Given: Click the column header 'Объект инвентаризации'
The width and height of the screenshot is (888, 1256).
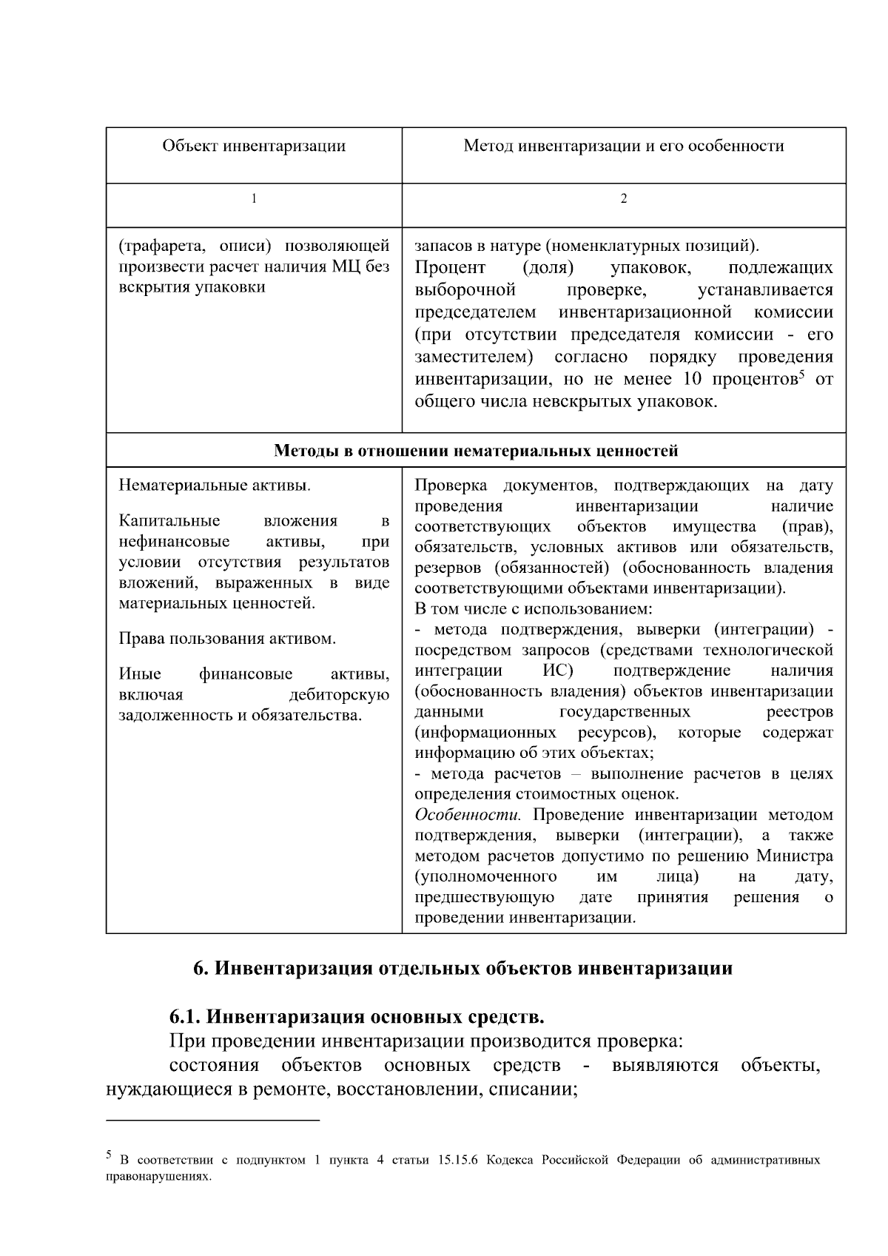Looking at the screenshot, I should click(x=254, y=146).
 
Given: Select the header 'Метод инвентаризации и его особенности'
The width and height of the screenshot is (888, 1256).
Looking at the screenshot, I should click(x=623, y=146).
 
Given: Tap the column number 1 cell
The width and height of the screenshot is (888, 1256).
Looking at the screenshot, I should click(x=254, y=199).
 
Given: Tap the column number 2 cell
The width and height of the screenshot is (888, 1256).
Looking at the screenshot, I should click(x=623, y=199).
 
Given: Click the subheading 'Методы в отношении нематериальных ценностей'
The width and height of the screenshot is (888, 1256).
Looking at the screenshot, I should click(x=476, y=451).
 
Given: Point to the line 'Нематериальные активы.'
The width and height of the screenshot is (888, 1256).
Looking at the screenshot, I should click(x=215, y=486).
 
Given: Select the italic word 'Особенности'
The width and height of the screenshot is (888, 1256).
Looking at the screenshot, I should click(x=468, y=815).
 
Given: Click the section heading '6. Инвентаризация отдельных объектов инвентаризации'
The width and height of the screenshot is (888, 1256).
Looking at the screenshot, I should click(x=462, y=968).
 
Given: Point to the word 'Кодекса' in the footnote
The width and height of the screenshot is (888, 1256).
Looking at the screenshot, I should click(x=510, y=1161).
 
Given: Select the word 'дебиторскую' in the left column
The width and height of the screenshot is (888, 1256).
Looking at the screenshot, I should click(x=339, y=695).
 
